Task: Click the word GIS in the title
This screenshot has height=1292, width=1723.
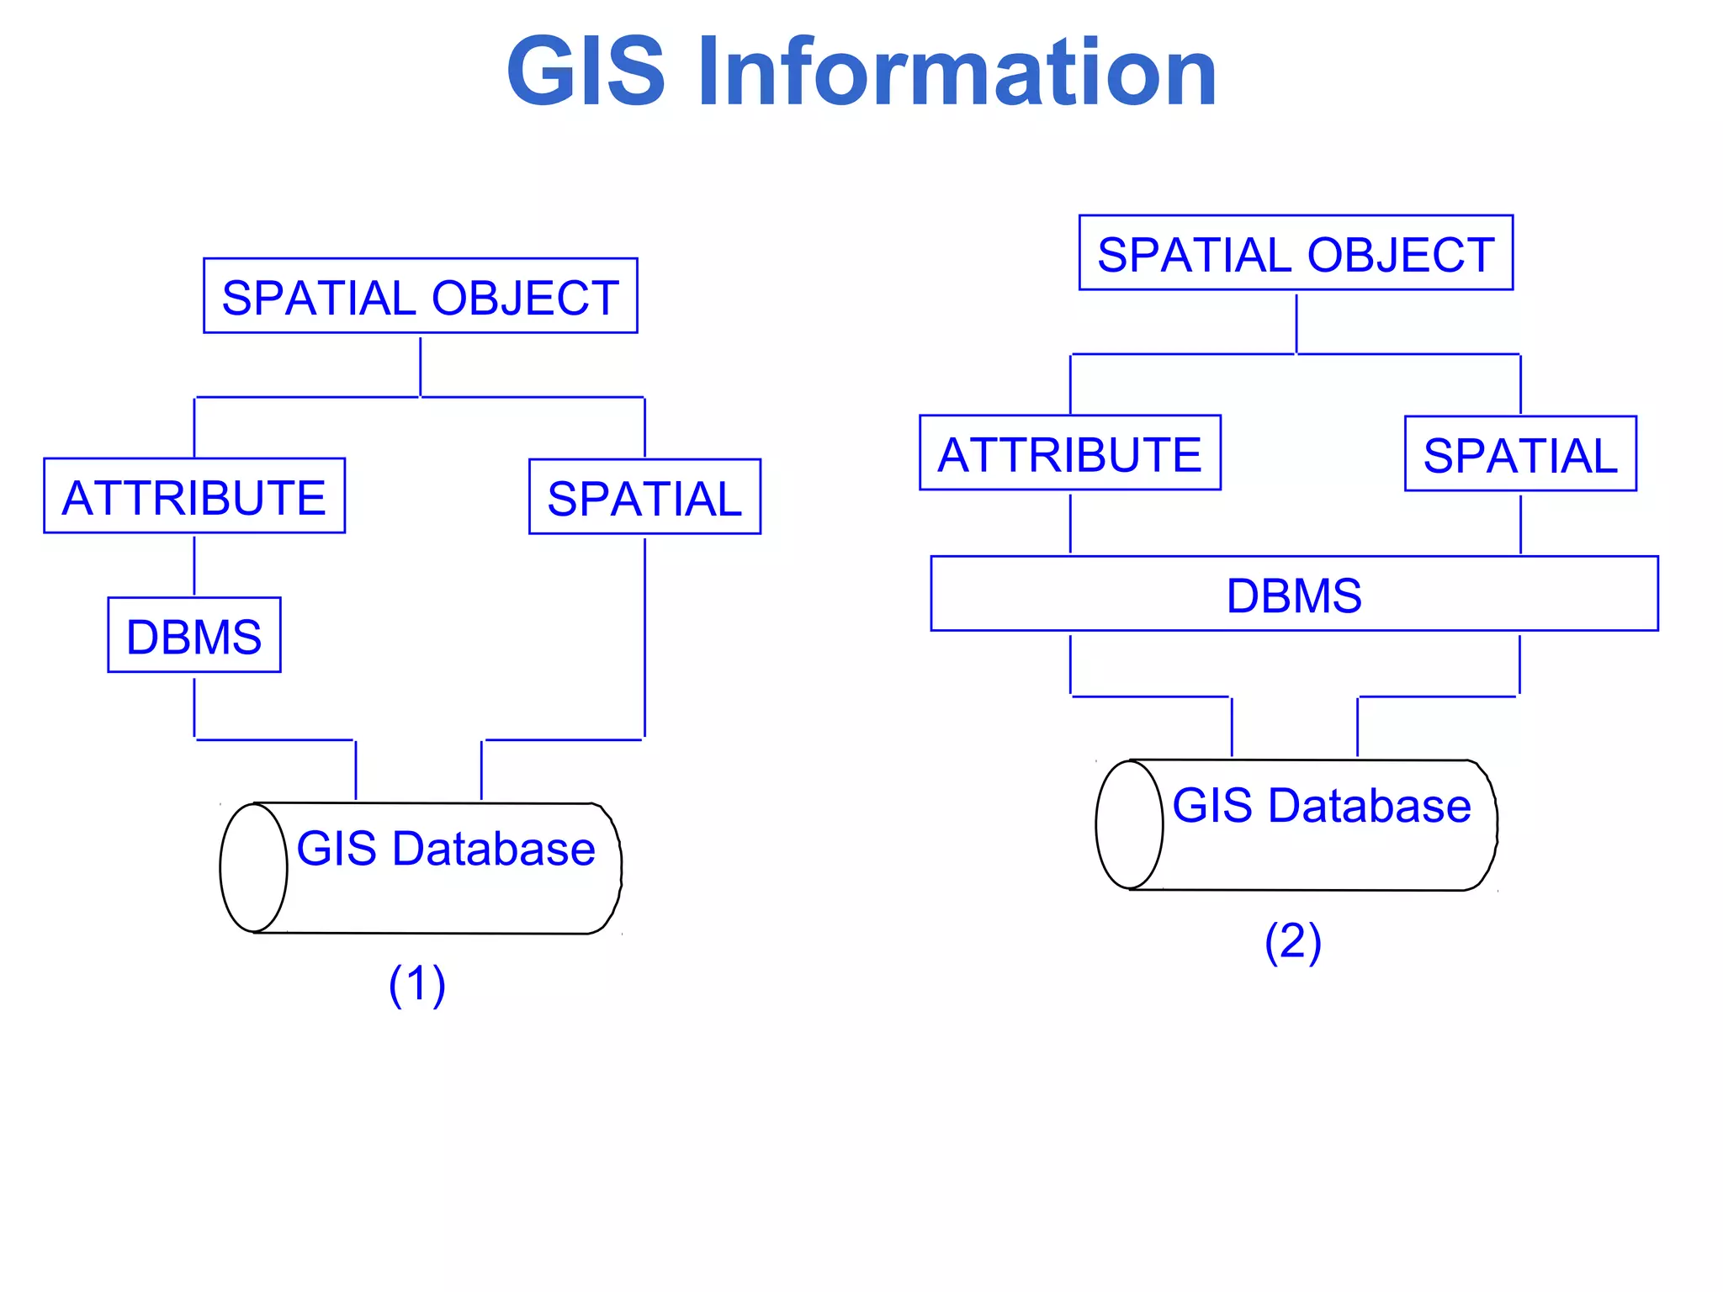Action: pos(586,73)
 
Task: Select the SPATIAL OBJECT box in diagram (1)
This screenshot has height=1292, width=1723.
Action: pos(420,296)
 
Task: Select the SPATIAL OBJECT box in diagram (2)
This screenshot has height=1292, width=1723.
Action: pos(1296,253)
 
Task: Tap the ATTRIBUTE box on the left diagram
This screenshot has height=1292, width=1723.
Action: pos(194,496)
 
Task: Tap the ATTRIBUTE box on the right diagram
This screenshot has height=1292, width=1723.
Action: pos(1069,453)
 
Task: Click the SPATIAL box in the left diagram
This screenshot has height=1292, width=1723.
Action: pos(644,497)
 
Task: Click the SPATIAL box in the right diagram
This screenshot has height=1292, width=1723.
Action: pos(1520,454)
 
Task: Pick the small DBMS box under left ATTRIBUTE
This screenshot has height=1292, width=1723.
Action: pos(194,635)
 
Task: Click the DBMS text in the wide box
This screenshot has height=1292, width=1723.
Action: pos(1294,595)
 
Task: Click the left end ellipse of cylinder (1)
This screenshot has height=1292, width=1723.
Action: pos(253,868)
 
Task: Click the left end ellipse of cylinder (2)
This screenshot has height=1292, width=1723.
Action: pos(1129,825)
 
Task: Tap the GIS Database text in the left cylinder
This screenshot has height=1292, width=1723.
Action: pos(446,848)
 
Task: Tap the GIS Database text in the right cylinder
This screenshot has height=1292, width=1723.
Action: pos(1322,805)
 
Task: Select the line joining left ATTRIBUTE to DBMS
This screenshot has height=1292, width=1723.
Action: pos(194,565)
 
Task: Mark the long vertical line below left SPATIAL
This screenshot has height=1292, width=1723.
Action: pos(644,639)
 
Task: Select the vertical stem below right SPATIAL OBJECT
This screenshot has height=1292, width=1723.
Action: pos(1296,322)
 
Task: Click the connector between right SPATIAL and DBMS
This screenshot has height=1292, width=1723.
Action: pos(1520,523)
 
